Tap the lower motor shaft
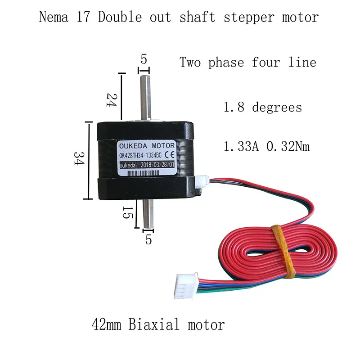147,215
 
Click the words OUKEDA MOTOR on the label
150,146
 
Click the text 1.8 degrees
263,108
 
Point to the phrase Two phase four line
248,62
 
